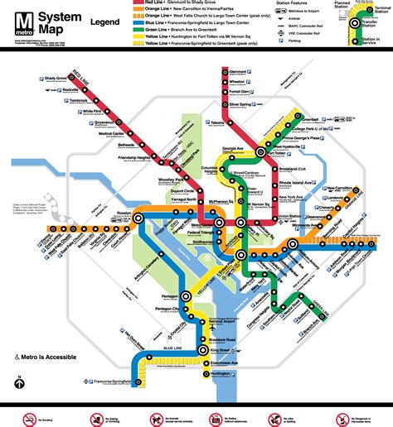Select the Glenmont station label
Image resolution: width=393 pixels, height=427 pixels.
click(240, 72)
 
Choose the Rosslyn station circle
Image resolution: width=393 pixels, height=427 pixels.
click(138, 218)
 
